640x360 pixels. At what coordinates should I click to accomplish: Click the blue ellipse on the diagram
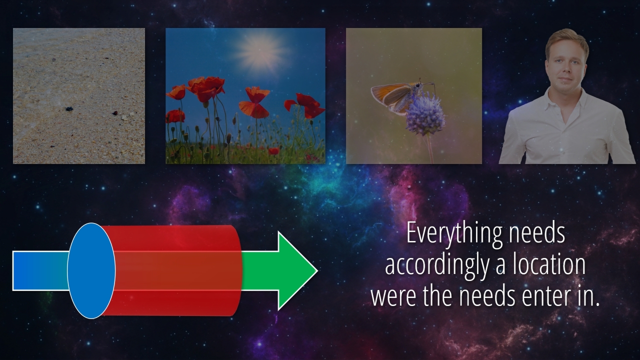tap(91, 270)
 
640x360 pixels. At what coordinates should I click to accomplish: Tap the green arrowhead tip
tap(317, 271)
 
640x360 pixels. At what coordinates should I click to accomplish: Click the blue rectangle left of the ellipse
tap(40, 271)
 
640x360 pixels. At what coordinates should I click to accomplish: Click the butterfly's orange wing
tap(391, 93)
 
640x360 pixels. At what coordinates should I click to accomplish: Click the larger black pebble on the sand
tap(69, 109)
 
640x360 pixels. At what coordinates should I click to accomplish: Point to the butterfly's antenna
tap(429, 84)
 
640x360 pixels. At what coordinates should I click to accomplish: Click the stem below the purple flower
tap(429, 149)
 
